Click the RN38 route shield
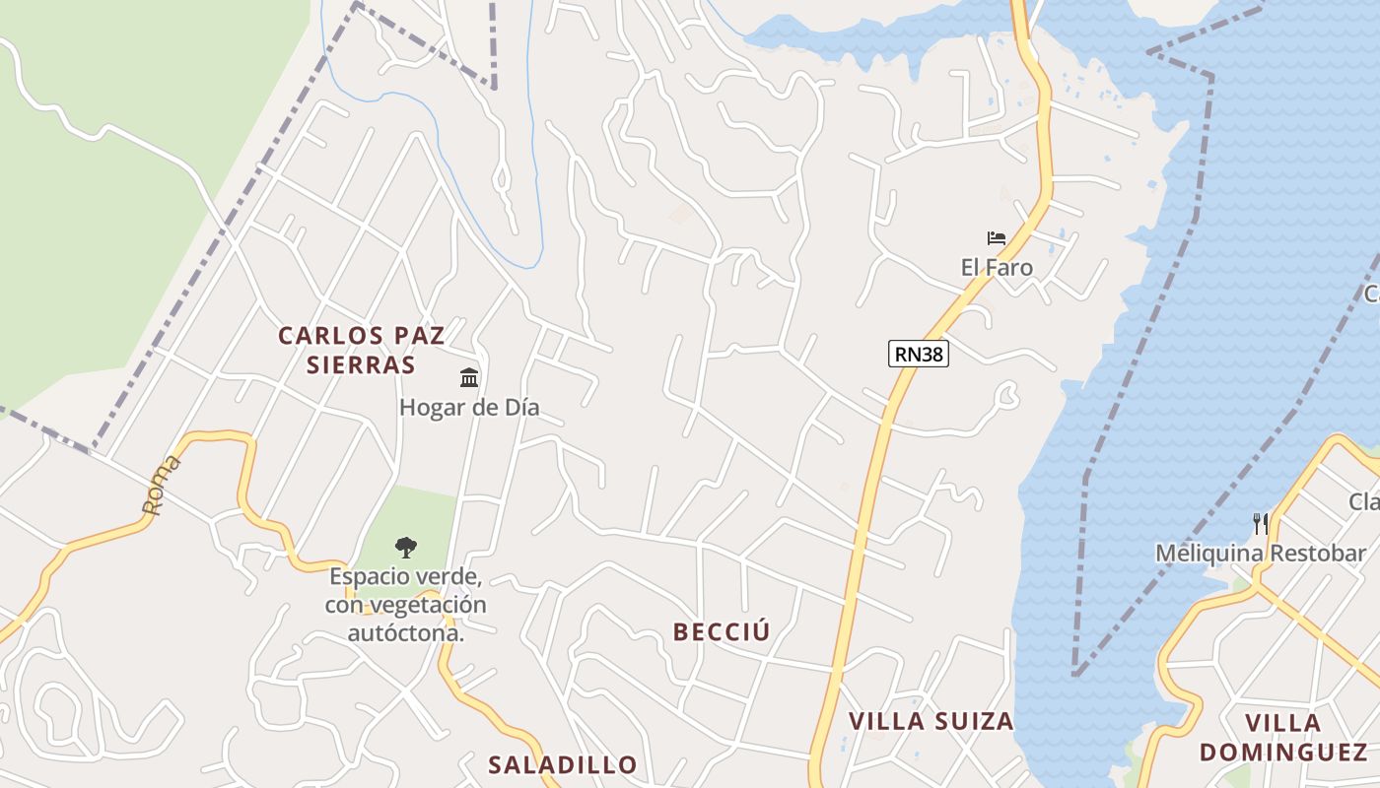coord(918,354)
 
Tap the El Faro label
coord(997,267)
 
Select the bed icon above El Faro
coord(996,237)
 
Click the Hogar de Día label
coord(469,407)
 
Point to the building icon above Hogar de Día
coord(469,377)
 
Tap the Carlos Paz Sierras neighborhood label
coord(361,350)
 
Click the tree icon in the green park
coord(405,548)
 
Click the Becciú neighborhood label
coord(721,632)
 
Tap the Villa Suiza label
coord(931,721)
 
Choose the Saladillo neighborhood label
coord(563,764)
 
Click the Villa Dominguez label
coord(1282,737)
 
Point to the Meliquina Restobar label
coord(1261,554)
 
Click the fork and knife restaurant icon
coord(1261,523)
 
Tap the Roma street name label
coord(161,485)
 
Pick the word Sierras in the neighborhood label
coord(361,364)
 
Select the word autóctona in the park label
coord(406,632)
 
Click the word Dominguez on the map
coord(1282,753)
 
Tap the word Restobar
coord(1317,554)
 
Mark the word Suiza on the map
coord(975,721)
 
